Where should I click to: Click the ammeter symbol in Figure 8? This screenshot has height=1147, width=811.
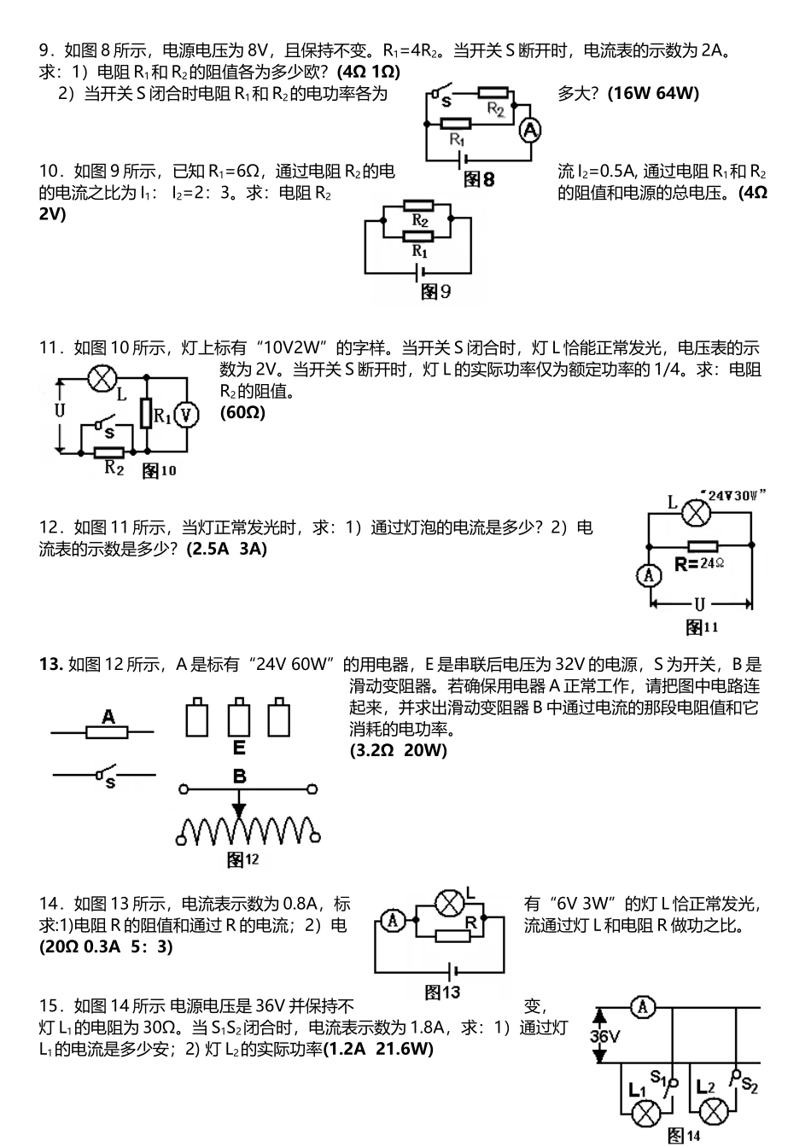(x=530, y=130)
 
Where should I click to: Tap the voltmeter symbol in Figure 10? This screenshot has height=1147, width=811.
(x=186, y=415)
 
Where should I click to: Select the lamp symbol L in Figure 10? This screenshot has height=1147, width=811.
(x=102, y=377)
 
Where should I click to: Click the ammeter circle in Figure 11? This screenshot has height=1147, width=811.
(x=649, y=575)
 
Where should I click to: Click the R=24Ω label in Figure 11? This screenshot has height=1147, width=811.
(x=699, y=564)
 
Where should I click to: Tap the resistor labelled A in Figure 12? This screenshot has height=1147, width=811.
(x=108, y=731)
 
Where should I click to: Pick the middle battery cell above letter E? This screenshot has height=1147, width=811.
(x=239, y=717)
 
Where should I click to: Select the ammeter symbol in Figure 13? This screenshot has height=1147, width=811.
(x=392, y=920)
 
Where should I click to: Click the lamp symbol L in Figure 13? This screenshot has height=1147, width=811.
(x=449, y=902)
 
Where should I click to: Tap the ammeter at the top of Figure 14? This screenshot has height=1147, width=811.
(x=643, y=1007)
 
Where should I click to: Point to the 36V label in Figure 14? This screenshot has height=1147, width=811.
(x=605, y=1038)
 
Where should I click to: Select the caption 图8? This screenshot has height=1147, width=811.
(x=479, y=179)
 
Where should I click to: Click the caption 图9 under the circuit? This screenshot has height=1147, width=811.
(x=435, y=292)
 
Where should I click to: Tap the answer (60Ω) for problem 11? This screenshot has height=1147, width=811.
(x=242, y=413)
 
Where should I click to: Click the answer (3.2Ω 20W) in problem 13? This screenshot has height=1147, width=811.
(x=398, y=750)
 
